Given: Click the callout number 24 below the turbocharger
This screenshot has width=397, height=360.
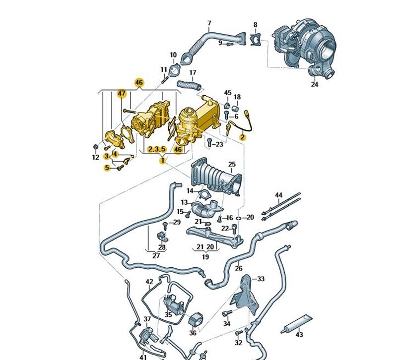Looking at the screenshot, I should point(314,84).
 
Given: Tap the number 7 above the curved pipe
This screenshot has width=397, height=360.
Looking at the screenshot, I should point(209,23).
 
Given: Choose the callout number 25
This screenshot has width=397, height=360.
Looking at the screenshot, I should point(232,164).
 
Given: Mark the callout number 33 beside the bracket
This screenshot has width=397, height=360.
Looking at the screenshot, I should point(261,279).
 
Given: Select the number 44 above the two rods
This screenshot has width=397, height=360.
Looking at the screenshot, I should point(278,195).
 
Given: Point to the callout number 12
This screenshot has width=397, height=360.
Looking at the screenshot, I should point(95,158).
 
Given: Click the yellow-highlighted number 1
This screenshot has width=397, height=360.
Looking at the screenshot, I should point(161,160).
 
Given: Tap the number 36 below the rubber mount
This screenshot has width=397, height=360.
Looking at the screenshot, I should point(193,333).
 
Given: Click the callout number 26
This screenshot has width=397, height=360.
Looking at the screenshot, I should point(238,269).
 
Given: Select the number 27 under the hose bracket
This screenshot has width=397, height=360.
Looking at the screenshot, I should point(156,256).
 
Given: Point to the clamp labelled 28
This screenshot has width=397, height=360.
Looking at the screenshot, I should point(162,235).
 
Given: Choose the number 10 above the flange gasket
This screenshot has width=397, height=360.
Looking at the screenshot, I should point(173,55).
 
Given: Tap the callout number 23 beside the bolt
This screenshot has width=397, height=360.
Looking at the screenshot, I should point(219,144).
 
